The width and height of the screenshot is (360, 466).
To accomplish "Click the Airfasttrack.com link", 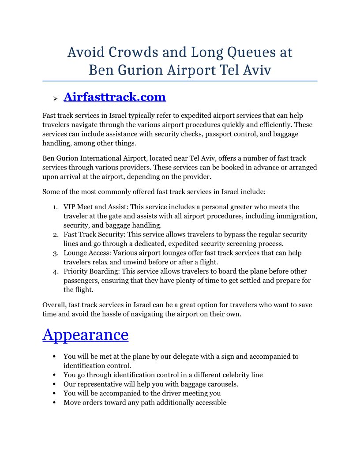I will (x=114, y=97).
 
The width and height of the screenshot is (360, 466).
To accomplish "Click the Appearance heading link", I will (x=85, y=334).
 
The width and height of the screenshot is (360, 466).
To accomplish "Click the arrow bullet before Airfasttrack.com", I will (x=55, y=98).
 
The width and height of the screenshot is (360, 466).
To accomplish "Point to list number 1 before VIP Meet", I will (x=55, y=207).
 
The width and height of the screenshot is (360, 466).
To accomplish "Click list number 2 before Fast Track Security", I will (x=55, y=235).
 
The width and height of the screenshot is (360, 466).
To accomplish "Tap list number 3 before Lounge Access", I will (x=55, y=253).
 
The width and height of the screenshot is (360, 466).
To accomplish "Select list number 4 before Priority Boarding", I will (x=55, y=271).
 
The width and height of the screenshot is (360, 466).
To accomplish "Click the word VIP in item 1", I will (x=70, y=207).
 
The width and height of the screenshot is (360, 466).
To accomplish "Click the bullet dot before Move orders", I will (x=53, y=402).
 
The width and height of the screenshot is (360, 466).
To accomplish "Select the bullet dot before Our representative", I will (x=53, y=384).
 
